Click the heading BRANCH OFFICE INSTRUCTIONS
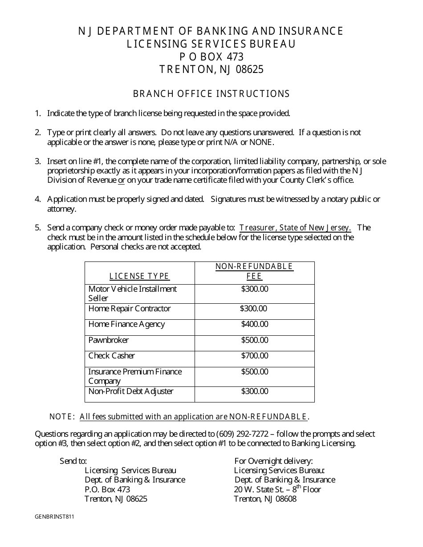(x=211, y=94)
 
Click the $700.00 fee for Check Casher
(x=255, y=356)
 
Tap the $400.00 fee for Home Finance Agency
(x=255, y=324)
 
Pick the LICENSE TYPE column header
(x=139, y=276)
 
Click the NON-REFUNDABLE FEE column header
(x=254, y=271)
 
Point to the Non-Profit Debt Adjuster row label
(x=131, y=391)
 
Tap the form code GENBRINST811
(x=54, y=517)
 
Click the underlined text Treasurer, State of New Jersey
(x=295, y=228)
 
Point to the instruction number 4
(x=38, y=199)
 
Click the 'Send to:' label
(x=73, y=461)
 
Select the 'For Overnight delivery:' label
(x=273, y=461)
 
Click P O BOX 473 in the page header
(x=211, y=57)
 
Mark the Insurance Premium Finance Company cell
(x=135, y=376)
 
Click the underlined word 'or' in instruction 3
(x=121, y=180)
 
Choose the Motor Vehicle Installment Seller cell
(x=133, y=294)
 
